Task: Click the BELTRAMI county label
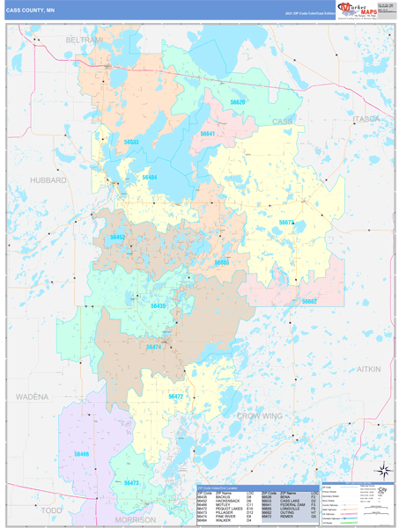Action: tap(85, 41)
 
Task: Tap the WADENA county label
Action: tap(32, 397)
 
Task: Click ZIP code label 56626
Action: tap(239, 102)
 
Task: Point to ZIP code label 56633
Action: tap(131, 141)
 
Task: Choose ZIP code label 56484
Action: tap(149, 177)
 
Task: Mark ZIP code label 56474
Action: tap(154, 347)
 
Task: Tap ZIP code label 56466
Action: tap(82, 453)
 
